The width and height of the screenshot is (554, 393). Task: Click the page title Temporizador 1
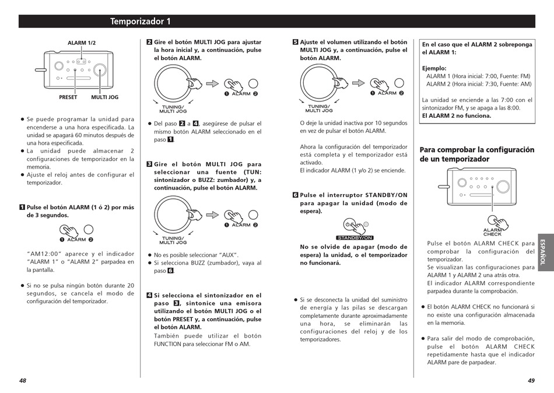point(141,22)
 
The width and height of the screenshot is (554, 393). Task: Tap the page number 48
point(23,381)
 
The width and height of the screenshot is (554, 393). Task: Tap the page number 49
point(531,381)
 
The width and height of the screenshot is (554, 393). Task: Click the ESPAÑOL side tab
point(545,252)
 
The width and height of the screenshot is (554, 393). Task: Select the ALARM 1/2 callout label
point(82,43)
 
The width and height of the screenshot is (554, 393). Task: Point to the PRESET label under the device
point(68,97)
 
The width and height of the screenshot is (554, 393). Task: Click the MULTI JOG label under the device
point(104,97)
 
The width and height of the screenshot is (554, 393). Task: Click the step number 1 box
point(22,207)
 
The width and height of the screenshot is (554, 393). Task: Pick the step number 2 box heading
point(149,42)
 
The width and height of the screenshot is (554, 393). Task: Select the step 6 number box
point(296,195)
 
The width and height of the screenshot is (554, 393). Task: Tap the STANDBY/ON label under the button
point(355,238)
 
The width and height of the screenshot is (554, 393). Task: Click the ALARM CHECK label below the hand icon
point(493,232)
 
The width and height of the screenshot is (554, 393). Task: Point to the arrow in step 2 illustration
point(212,84)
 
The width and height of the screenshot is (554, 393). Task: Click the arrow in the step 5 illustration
point(358,83)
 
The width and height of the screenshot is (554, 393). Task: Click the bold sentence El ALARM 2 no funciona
point(457,116)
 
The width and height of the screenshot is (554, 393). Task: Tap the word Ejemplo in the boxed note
point(434,69)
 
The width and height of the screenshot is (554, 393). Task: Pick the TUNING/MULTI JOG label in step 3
point(173,240)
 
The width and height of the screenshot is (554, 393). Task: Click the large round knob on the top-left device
point(100,70)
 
